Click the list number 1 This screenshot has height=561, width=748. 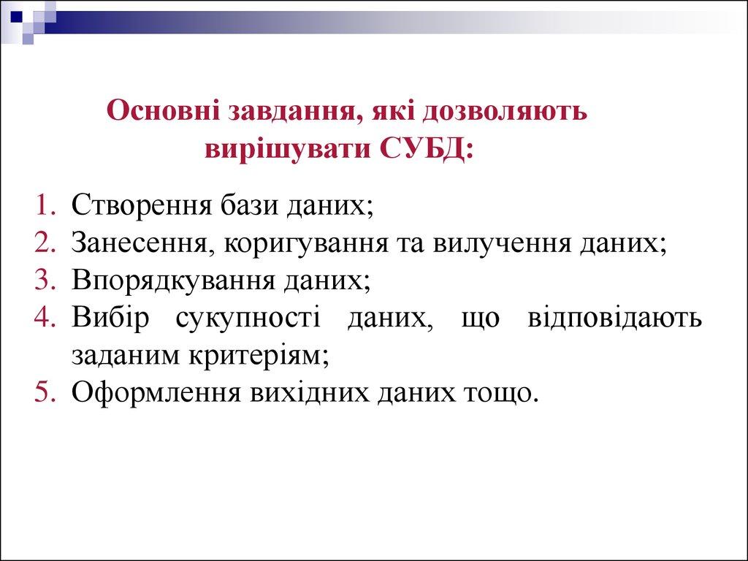[x=45, y=205]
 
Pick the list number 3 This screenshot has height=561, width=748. [x=45, y=279]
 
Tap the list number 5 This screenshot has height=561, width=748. [x=45, y=392]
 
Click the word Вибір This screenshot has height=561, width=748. [x=110, y=317]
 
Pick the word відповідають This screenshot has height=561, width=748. [x=615, y=318]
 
